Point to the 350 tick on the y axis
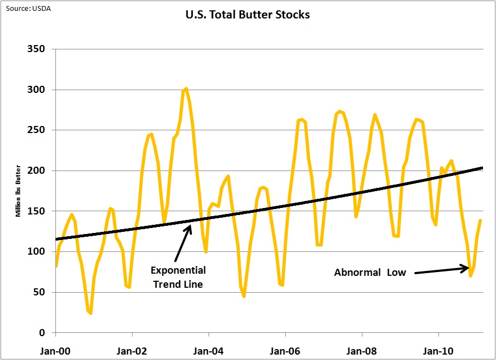[x=36, y=49]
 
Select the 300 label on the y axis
[x=36, y=90]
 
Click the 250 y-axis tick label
[x=36, y=130]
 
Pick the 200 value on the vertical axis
[x=36, y=170]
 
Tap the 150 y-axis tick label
[x=36, y=211]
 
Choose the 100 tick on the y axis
[x=36, y=251]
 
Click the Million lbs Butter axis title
[x=18, y=191]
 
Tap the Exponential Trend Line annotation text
[x=178, y=276]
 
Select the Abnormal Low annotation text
[x=370, y=273]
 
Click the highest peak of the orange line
[x=186, y=89]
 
